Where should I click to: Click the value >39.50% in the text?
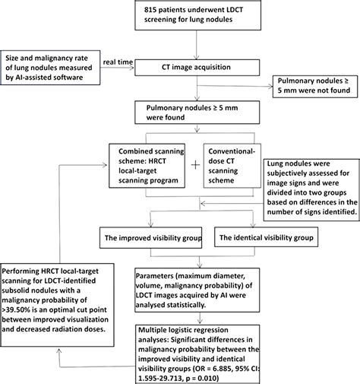click(x=19, y=310)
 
